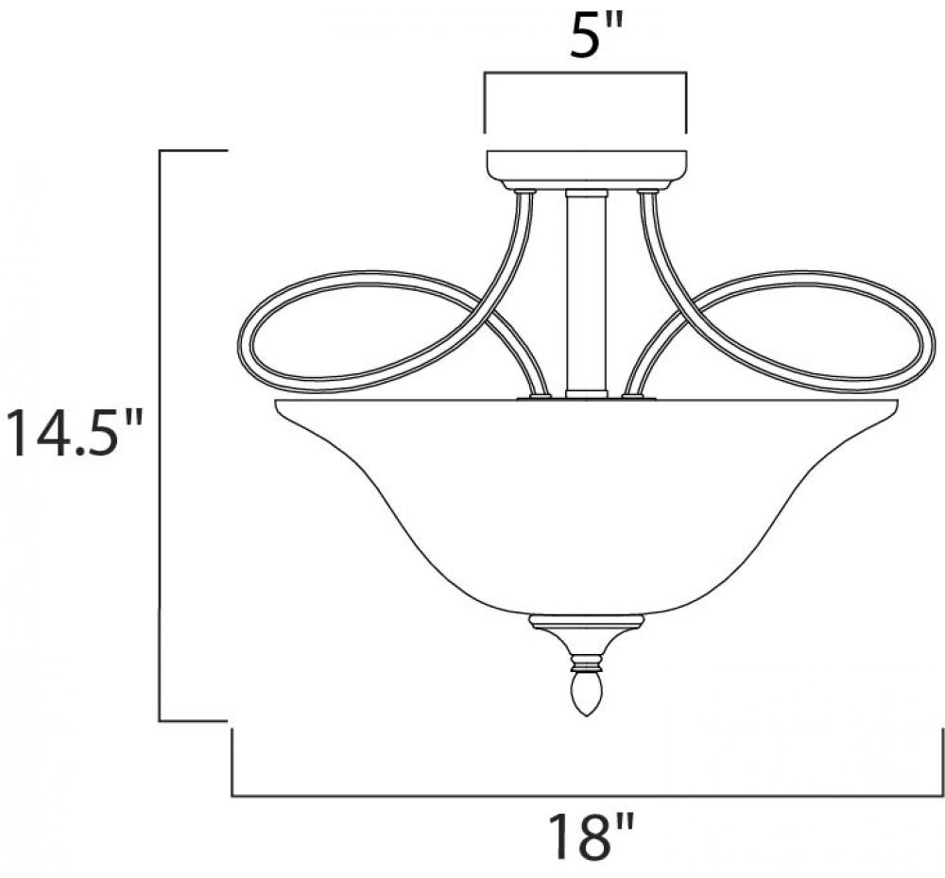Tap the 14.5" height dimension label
[73, 432]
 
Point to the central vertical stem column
[587, 294]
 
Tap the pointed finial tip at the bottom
[586, 714]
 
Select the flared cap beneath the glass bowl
[586, 636]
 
